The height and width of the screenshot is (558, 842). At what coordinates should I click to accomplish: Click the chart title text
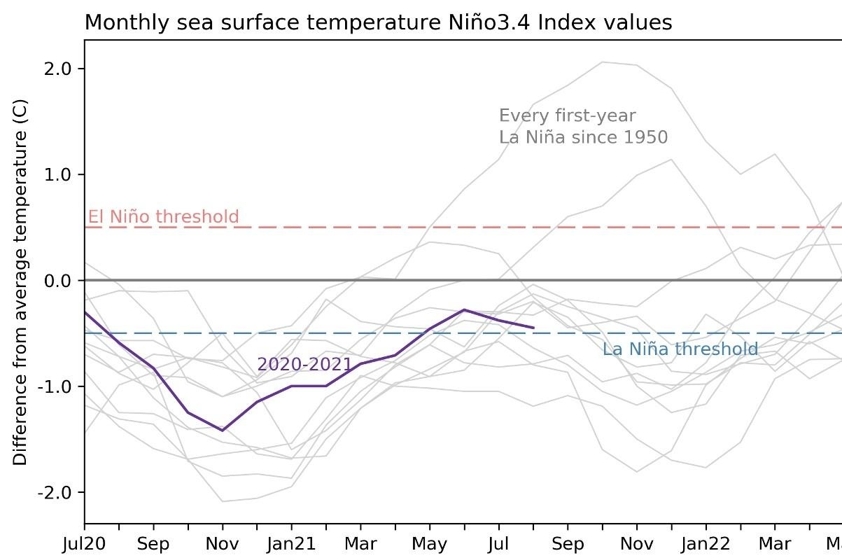pos(378,22)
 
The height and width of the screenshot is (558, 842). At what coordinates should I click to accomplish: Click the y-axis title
pos(20,280)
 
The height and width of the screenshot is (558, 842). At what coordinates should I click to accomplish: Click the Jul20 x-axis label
pos(85,544)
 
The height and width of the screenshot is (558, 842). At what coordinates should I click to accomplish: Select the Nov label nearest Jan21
pos(223,544)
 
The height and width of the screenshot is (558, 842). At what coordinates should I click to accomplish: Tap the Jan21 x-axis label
pos(292,544)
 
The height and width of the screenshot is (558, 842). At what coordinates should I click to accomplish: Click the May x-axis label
pos(430,544)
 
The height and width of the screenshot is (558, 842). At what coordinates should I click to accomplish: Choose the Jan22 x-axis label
pos(706,544)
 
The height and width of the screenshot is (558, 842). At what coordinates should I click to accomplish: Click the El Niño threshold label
pos(163,216)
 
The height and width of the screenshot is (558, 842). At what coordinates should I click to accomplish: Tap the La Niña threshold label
pos(680,349)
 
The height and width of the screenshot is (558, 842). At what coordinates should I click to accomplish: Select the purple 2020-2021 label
pos(304,364)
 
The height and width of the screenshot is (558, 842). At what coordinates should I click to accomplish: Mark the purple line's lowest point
pos(223,431)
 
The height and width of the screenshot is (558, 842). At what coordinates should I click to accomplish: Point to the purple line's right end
pos(534,328)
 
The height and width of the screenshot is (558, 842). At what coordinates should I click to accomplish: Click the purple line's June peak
pos(464,309)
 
